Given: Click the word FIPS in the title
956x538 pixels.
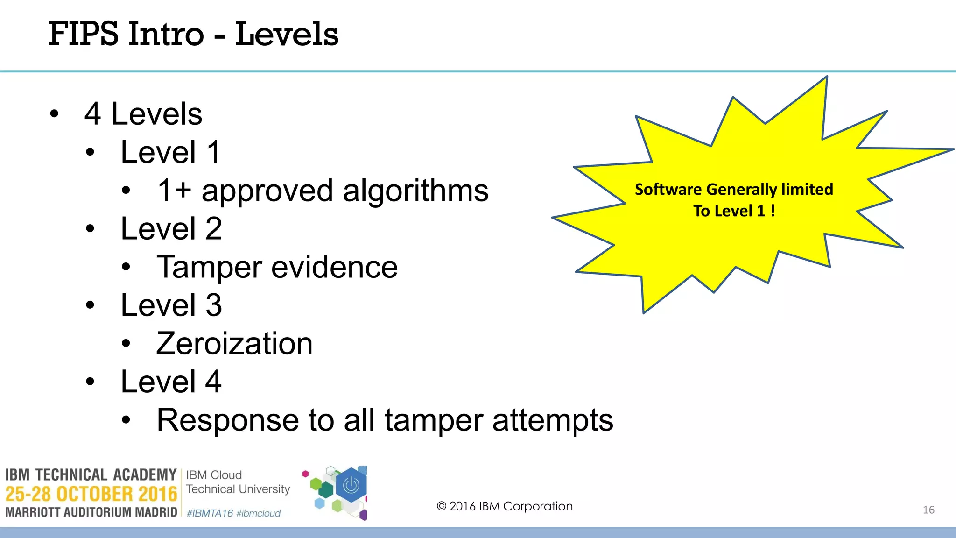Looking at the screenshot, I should point(84,34).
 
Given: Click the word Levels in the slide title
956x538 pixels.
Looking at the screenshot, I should point(287,34).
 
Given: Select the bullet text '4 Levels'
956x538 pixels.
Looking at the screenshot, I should point(143,114).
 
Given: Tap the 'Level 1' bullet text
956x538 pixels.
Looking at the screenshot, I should point(170,152).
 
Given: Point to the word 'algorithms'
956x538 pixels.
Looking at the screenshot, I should point(415,191).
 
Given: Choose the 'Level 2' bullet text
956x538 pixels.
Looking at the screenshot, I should point(171,229).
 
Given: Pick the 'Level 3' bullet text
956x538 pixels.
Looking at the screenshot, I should point(171,305).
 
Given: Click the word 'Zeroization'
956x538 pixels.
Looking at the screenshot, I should point(234,344).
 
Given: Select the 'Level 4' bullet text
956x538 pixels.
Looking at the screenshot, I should point(171,382).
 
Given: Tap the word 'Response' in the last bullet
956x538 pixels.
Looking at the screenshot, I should point(227,420).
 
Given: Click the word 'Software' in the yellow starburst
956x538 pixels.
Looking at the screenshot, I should point(668,190).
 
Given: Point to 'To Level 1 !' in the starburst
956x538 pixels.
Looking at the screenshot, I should point(734,211).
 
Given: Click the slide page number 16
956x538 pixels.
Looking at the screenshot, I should point(928,510).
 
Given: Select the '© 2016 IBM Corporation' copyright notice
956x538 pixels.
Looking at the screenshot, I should point(505,506).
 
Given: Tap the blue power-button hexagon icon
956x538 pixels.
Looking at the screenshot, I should point(351,486).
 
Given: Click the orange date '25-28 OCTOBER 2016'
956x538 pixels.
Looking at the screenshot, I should point(91,494).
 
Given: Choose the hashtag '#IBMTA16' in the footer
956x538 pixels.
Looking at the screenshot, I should point(210,513).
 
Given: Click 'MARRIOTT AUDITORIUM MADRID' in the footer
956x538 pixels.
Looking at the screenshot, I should point(91,512).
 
